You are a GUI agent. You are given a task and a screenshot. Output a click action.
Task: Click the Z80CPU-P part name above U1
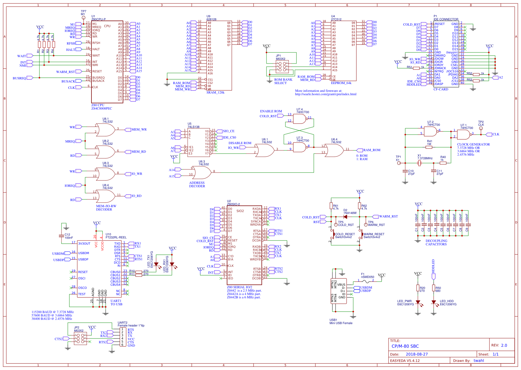pos(98,19)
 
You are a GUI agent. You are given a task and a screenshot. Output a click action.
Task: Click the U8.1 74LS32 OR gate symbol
pos(106,130)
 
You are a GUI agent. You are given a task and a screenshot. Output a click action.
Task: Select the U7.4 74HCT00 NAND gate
pos(300,119)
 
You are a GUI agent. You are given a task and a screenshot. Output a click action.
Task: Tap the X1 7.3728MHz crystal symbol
pos(419,163)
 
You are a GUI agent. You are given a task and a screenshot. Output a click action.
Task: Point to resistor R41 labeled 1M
pos(429,147)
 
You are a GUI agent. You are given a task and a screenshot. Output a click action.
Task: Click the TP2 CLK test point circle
pos(481,128)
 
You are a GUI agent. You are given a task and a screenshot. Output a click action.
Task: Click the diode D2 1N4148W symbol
pos(345,217)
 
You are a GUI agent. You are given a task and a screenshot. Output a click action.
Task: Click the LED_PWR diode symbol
pos(418,302)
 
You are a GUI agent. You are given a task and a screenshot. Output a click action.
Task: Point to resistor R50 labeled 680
pos(434,288)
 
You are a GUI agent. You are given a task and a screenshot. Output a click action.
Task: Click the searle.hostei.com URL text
pos(325,94)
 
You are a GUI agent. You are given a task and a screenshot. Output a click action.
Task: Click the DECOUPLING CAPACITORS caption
pos(436,242)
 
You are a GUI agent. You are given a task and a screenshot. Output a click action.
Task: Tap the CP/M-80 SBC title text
pos(405,346)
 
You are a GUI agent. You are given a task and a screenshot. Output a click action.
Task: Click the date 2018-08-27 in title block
pos(417,354)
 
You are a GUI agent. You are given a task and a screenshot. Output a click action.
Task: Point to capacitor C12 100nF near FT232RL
pos(61,236)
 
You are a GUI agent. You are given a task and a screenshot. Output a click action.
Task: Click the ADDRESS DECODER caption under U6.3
pos(197,185)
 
